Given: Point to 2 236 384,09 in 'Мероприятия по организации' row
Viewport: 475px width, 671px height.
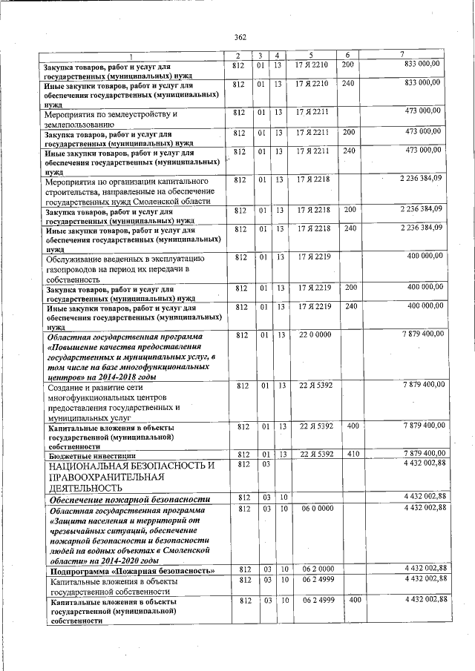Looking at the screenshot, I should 421,179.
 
